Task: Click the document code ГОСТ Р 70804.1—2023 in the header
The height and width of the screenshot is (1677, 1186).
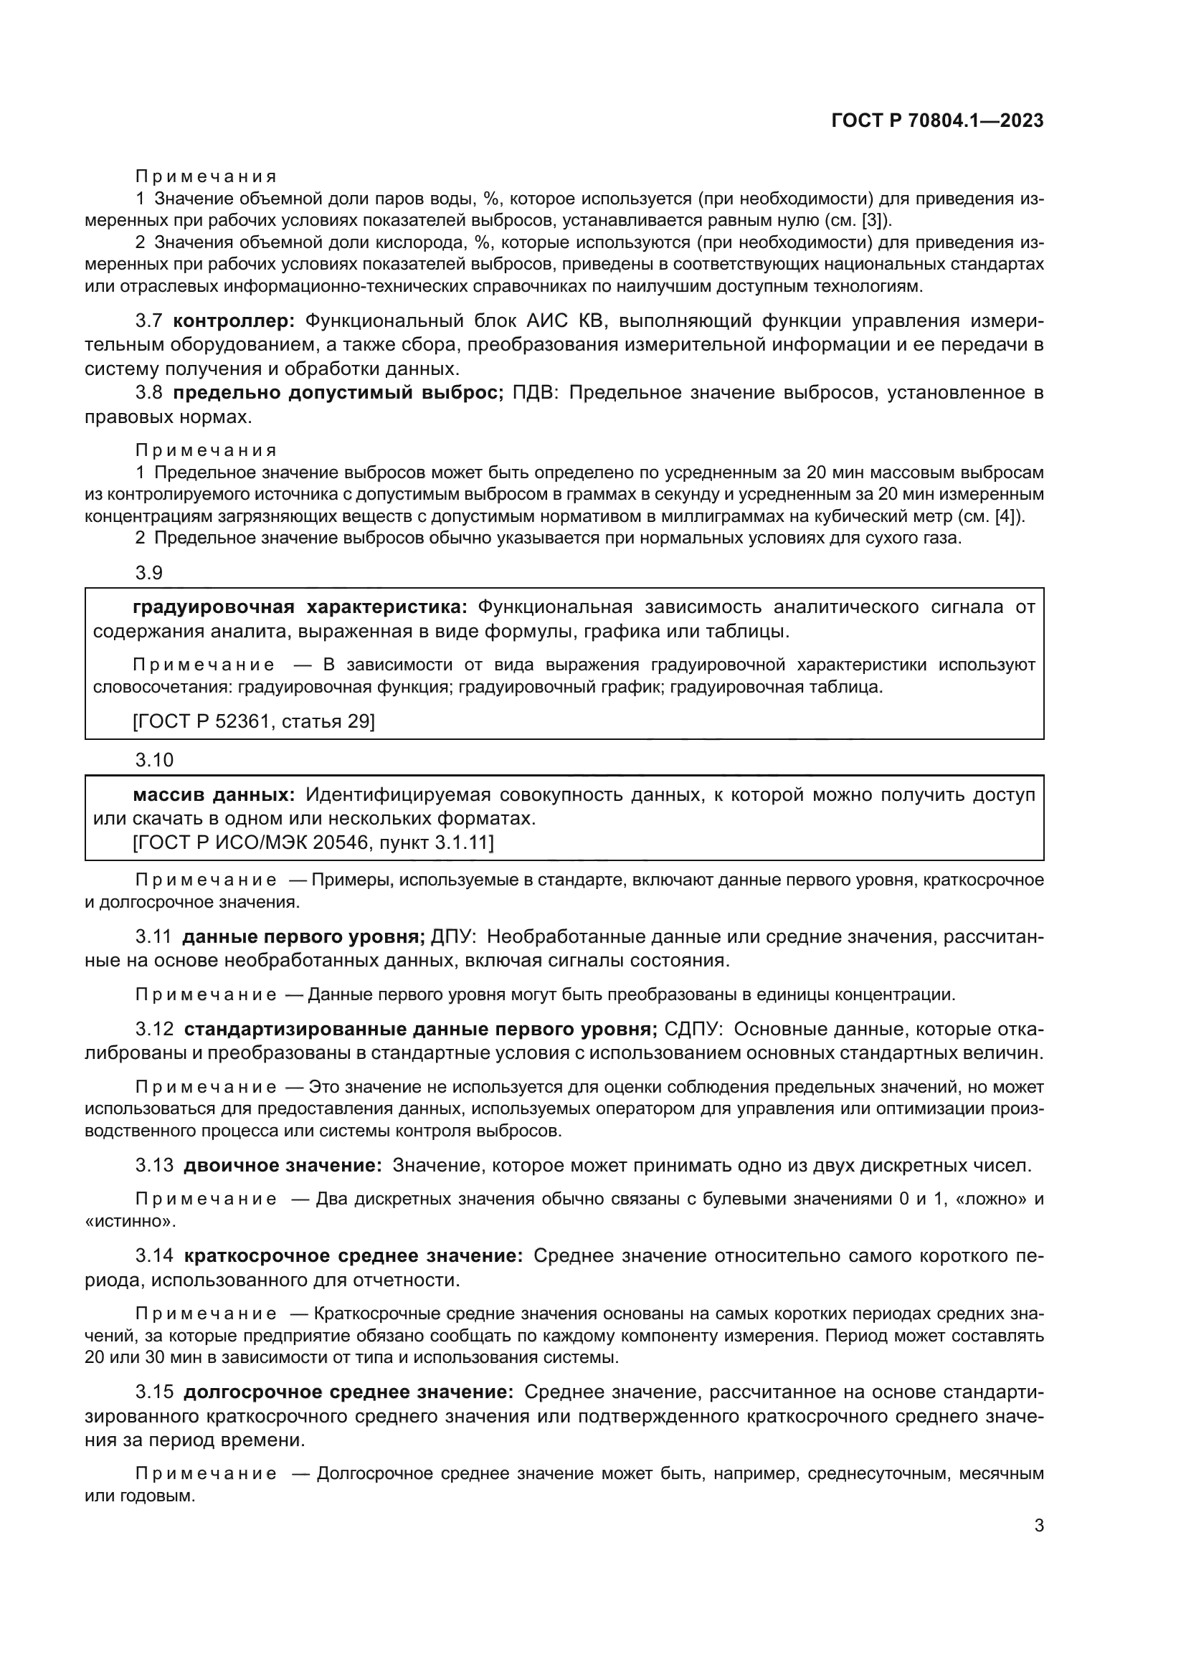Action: pos(937,120)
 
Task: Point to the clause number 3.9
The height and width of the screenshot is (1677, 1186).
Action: pos(149,573)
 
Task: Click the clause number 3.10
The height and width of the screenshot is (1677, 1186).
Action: pos(154,760)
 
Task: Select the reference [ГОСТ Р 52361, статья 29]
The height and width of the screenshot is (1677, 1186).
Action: pos(254,722)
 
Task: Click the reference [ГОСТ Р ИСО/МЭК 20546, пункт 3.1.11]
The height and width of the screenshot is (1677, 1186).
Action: pos(313,843)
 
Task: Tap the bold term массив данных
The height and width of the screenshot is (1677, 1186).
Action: pos(214,794)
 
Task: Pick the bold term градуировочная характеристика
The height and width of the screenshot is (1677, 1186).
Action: pos(300,607)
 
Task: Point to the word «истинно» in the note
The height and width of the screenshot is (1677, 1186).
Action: pos(128,1220)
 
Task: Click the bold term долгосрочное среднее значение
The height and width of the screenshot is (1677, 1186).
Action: pos(348,1392)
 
